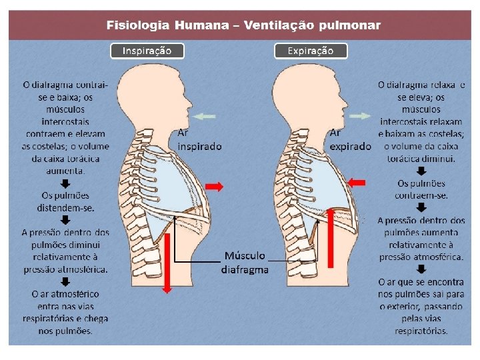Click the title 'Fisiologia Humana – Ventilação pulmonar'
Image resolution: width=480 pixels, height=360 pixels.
[x=244, y=26]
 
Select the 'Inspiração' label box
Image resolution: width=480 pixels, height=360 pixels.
[x=147, y=51]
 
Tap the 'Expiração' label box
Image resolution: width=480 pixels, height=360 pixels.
[x=311, y=51]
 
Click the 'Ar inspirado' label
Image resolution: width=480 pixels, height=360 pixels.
[x=199, y=139]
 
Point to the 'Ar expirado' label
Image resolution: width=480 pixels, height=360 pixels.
[x=350, y=139]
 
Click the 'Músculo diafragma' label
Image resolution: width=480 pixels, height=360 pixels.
[x=245, y=263]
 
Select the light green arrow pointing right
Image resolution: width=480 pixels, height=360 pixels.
[x=361, y=116]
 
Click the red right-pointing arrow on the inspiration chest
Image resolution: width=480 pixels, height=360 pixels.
[x=214, y=187]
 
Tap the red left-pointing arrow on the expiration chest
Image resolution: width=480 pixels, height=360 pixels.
[x=357, y=181]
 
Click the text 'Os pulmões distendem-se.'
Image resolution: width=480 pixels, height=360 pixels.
[x=66, y=201]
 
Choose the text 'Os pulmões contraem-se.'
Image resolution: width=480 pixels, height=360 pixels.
[x=421, y=189]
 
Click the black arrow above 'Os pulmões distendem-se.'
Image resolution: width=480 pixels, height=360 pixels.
[x=66, y=183]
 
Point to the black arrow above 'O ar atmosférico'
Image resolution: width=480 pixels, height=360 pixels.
[x=66, y=281]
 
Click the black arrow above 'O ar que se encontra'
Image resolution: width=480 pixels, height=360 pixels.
[x=421, y=269]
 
